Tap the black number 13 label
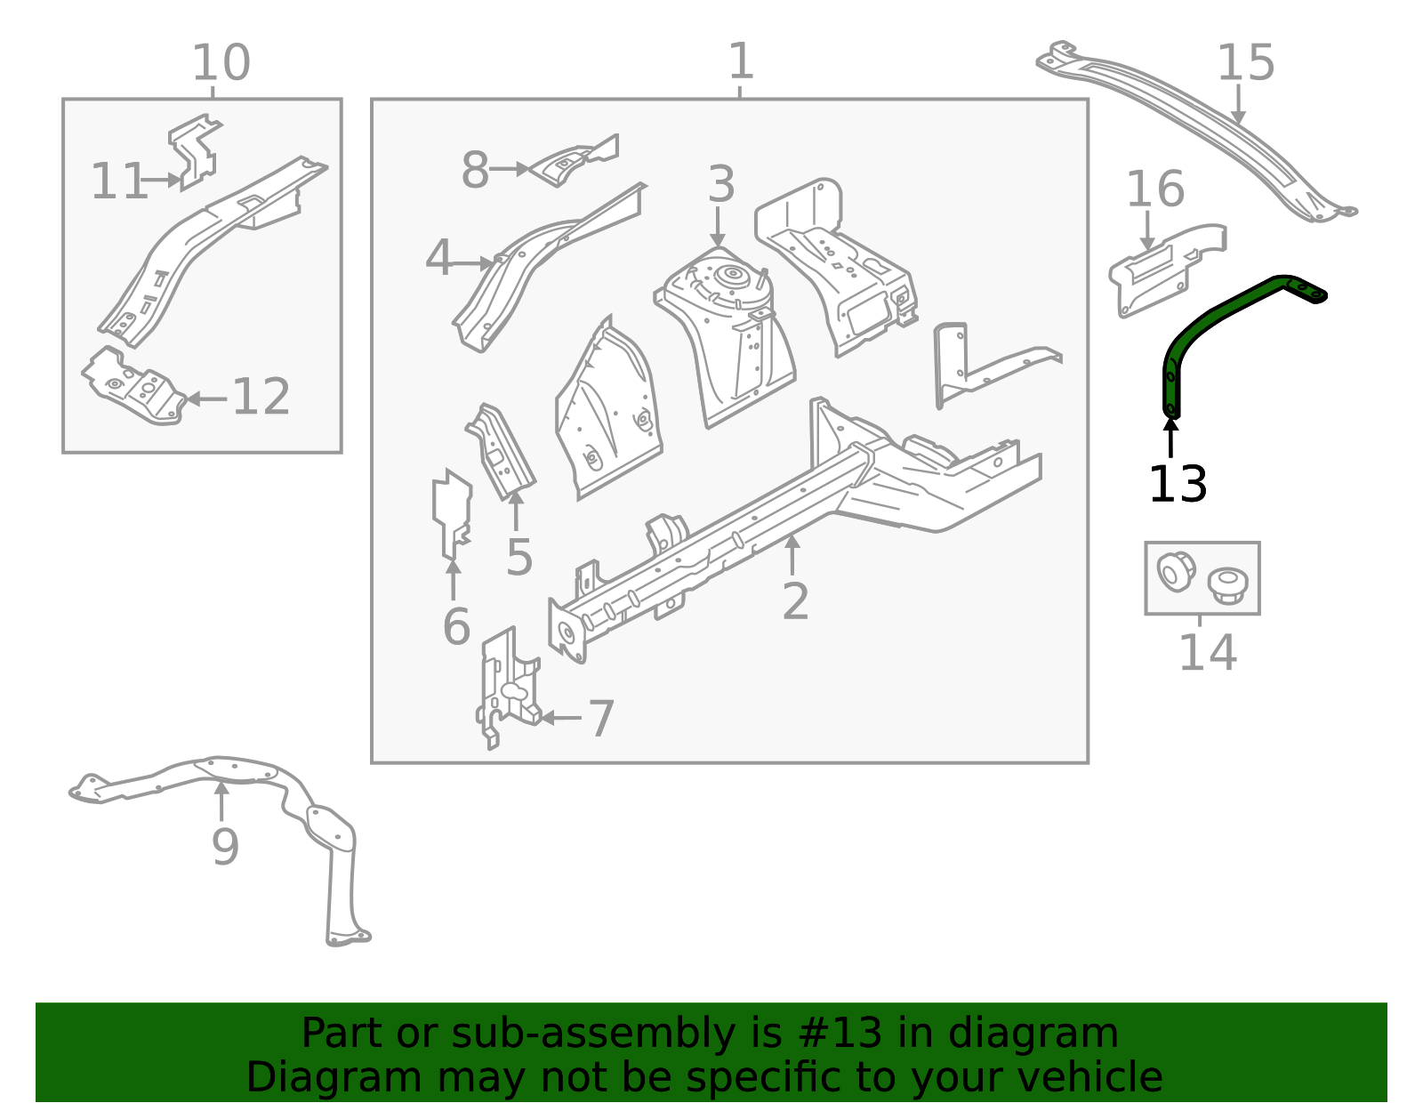point(1178,486)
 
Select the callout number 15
point(1245,64)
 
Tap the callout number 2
point(795,601)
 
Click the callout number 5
point(519,558)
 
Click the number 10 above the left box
point(221,64)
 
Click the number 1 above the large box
point(741,62)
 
